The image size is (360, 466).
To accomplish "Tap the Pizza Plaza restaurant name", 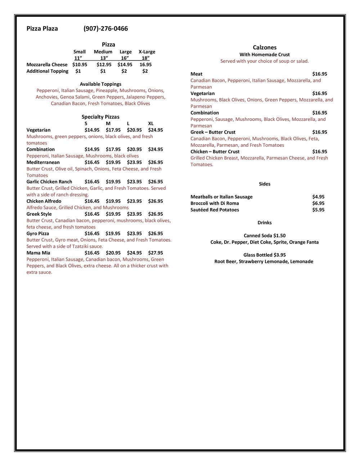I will click(42, 28).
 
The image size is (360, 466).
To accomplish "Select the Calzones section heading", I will click(265, 48).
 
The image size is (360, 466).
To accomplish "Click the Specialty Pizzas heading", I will click(100, 117).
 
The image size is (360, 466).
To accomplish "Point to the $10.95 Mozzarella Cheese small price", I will click(80, 65).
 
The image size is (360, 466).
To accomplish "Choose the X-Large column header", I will click(147, 52).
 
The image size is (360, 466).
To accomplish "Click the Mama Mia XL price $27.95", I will click(156, 253).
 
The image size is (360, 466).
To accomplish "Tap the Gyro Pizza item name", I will click(38, 233).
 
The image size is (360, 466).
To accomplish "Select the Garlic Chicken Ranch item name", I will click(49, 182).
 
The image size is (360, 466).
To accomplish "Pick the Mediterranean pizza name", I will click(43, 162).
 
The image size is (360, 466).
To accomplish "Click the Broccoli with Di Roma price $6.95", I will click(318, 203).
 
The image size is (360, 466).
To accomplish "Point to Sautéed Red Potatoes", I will click(215, 210).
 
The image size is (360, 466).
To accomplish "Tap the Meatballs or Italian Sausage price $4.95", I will click(318, 197).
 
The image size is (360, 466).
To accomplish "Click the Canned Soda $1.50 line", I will click(265, 236).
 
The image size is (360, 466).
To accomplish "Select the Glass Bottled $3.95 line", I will click(265, 255).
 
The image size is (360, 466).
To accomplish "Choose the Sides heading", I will click(265, 184).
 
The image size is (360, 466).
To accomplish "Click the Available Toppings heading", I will click(100, 84).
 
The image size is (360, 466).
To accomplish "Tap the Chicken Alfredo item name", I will click(44, 201).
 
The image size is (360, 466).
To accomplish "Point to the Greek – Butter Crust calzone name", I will click(213, 132).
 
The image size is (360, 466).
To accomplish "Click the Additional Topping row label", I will click(47, 71).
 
